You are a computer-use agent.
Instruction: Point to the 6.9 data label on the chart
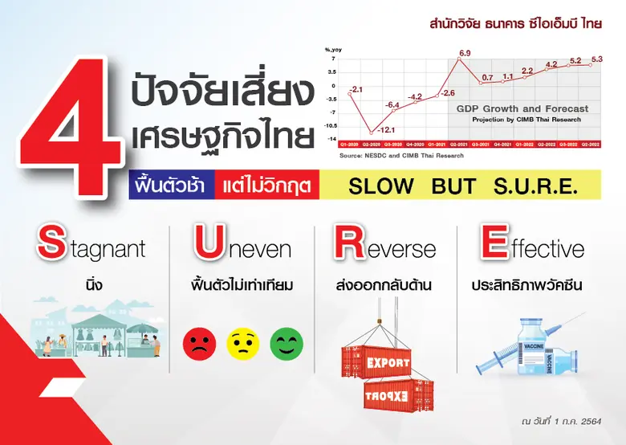tap(464, 54)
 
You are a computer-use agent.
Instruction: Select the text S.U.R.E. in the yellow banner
tap(533, 186)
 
